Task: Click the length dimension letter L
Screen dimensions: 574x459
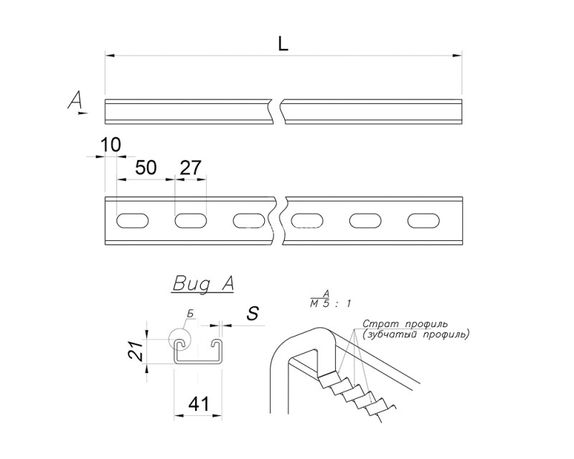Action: click(x=283, y=44)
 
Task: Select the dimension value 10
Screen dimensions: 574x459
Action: click(x=110, y=145)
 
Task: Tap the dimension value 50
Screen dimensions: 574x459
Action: click(x=146, y=168)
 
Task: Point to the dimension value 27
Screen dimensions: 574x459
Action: click(x=191, y=168)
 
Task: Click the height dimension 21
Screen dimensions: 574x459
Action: click(x=136, y=351)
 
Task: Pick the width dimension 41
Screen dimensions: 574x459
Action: click(x=199, y=404)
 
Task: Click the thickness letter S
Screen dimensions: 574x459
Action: click(x=253, y=313)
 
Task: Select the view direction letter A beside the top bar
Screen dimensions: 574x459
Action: click(x=75, y=100)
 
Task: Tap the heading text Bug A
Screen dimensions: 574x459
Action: click(x=202, y=284)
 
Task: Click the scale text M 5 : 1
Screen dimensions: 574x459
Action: click(x=330, y=303)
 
